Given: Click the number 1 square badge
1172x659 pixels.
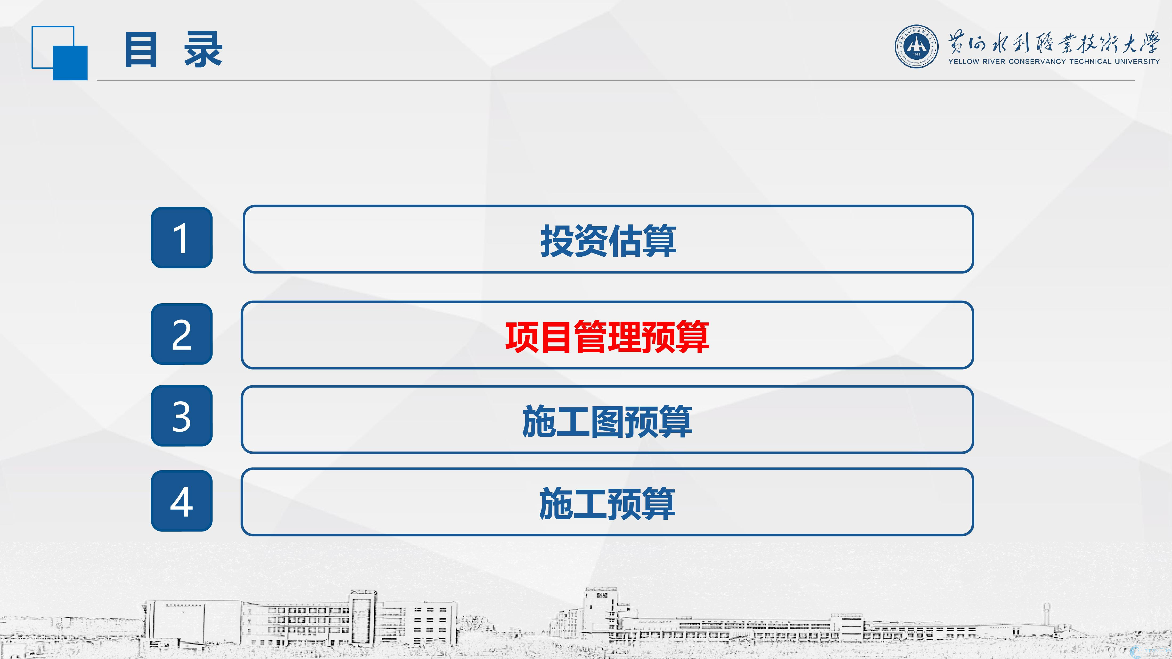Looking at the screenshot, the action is pyautogui.click(x=182, y=238).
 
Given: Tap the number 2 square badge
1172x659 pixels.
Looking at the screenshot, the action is pyautogui.click(x=182, y=334).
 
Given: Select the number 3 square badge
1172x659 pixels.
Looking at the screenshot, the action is pyautogui.click(x=182, y=416).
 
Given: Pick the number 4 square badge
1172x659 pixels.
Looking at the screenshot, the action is pyautogui.click(x=182, y=501).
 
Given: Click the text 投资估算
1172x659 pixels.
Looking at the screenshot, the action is pyautogui.click(x=608, y=241).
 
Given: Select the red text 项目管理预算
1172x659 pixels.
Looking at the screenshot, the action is pyautogui.click(x=607, y=337).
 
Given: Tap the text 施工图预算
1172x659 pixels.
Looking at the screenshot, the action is pyautogui.click(x=607, y=421).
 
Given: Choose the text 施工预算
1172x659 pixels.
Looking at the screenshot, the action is pyautogui.click(x=607, y=504).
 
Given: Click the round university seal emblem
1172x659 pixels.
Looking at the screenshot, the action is pyautogui.click(x=916, y=46).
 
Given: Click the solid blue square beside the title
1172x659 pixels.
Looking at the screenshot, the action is pyautogui.click(x=70, y=63).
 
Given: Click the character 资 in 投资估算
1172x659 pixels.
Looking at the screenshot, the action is pyautogui.click(x=591, y=241).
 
